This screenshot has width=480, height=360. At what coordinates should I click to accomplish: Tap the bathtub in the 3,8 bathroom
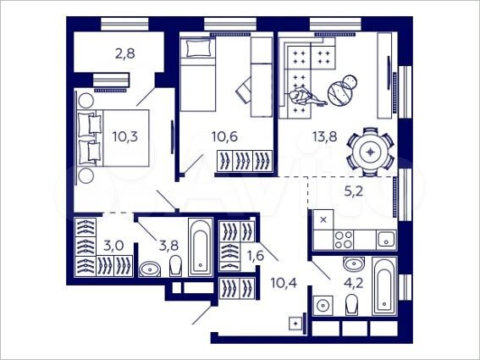[x=199, y=246]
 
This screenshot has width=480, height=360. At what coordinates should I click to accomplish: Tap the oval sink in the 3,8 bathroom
[x=151, y=269]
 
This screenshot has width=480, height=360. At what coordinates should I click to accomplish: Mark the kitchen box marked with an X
[x=323, y=219]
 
